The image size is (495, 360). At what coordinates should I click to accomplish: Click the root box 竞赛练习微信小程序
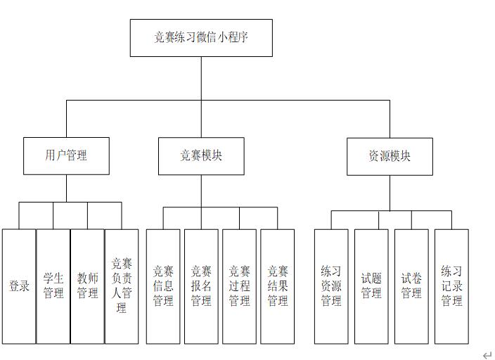(x=201, y=38)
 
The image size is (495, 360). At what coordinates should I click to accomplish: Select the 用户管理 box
(x=67, y=155)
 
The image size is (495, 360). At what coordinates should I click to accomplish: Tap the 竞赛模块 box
(x=201, y=155)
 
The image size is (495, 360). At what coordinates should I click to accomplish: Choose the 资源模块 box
(x=390, y=156)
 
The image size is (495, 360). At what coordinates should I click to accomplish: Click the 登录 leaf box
(x=19, y=286)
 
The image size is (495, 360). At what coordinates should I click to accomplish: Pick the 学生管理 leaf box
(x=53, y=286)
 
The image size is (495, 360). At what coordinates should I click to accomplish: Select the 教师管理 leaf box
(x=88, y=286)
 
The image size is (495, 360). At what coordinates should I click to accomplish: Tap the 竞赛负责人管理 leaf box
(x=122, y=286)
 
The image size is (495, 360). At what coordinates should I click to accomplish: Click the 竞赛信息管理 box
(x=163, y=286)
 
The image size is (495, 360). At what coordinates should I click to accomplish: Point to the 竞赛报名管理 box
(x=201, y=286)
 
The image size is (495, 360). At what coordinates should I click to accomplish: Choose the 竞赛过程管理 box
(x=239, y=286)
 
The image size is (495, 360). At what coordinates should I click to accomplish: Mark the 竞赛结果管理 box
(x=277, y=286)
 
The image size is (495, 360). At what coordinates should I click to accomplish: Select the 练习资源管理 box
(x=331, y=286)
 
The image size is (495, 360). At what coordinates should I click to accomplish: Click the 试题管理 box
(x=371, y=286)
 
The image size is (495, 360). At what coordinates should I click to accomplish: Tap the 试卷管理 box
(x=411, y=286)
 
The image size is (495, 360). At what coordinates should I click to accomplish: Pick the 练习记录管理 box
(x=451, y=286)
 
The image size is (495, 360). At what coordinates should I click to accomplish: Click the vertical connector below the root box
(x=201, y=77)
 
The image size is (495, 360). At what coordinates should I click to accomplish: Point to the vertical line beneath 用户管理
(x=67, y=188)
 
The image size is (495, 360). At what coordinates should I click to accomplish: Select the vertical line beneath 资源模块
(x=390, y=193)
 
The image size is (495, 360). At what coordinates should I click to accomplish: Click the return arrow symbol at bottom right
(x=487, y=355)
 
